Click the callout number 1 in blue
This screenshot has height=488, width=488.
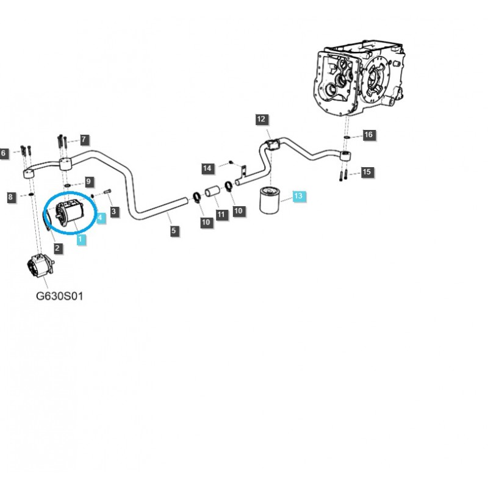pyautogui.click(x=81, y=240)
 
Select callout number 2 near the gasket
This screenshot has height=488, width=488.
pyautogui.click(x=57, y=248)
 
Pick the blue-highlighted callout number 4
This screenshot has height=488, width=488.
pyautogui.click(x=100, y=217)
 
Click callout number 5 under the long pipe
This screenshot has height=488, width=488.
pyautogui.click(x=174, y=231)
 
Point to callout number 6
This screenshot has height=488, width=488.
pyautogui.click(x=4, y=153)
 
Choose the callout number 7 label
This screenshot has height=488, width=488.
pyautogui.click(x=84, y=140)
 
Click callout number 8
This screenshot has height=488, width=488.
pyautogui.click(x=10, y=196)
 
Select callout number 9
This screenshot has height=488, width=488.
pyautogui.click(x=88, y=181)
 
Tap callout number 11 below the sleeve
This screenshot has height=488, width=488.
pyautogui.click(x=220, y=214)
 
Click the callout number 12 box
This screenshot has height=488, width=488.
pyautogui.click(x=261, y=120)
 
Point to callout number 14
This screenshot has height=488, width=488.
pyautogui.click(x=207, y=168)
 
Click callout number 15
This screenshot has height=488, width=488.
pyautogui.click(x=366, y=173)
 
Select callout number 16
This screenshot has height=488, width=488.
pyautogui.click(x=368, y=135)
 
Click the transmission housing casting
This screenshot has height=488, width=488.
pyautogui.click(x=360, y=79)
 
